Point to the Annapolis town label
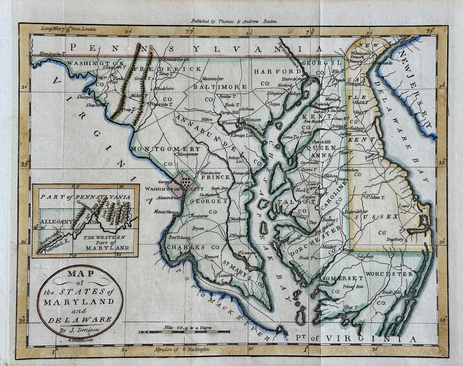241,173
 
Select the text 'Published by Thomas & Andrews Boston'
234,21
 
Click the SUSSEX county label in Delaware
376,217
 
